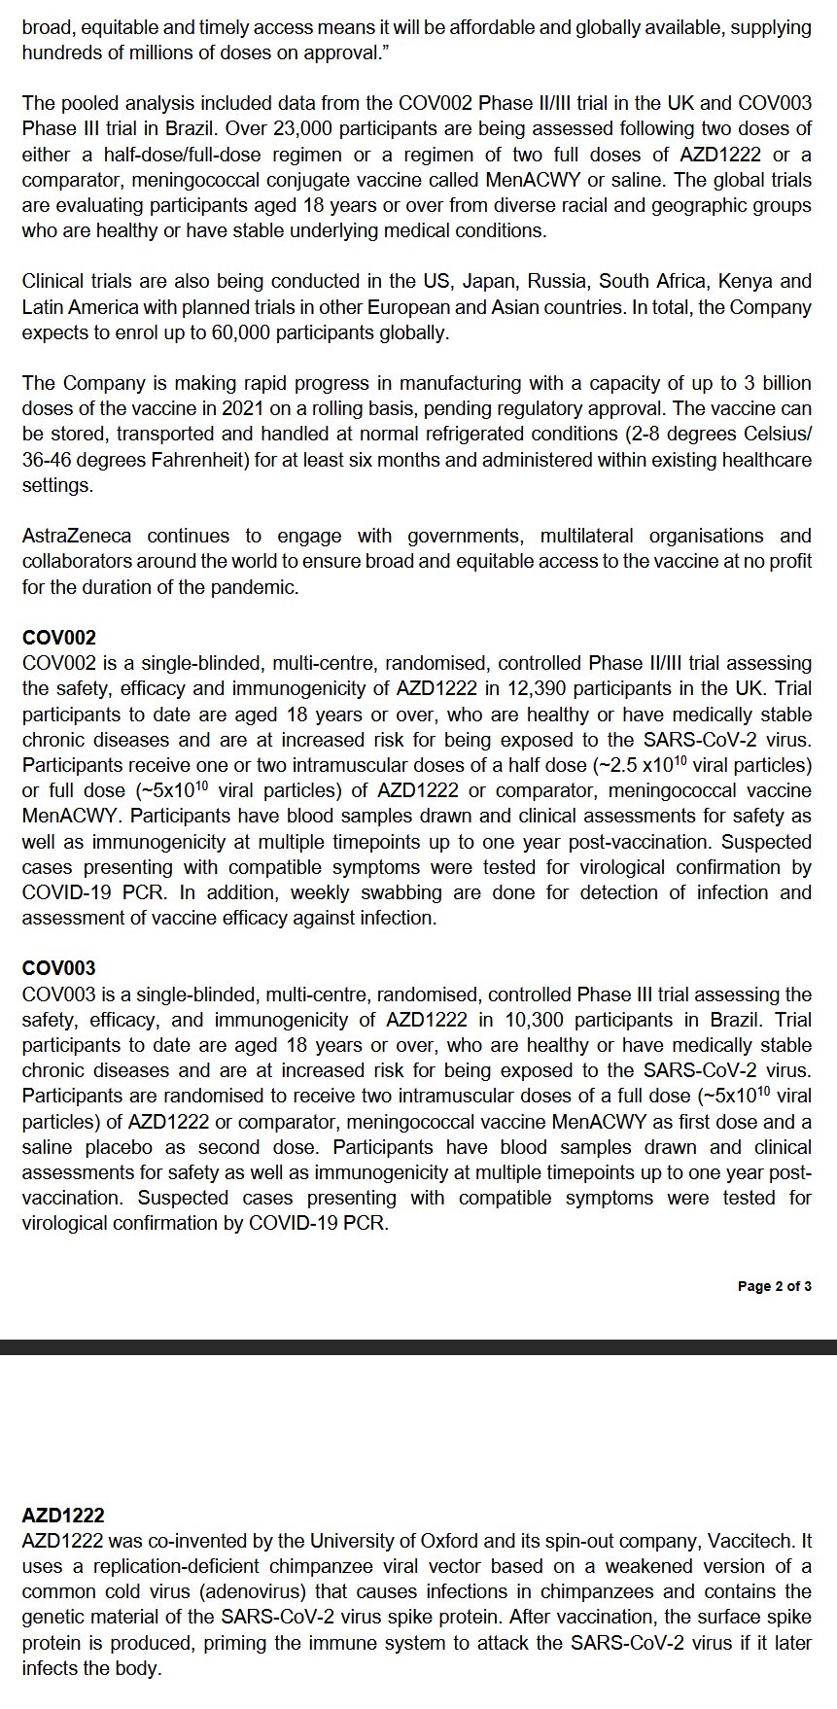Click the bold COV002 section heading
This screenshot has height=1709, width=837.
pos(59,638)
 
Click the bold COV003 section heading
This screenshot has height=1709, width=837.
pos(59,968)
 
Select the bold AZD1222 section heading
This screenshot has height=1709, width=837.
pos(63,1516)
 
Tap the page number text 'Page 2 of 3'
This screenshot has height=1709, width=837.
pos(774,1286)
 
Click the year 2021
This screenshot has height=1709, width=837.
pos(230,409)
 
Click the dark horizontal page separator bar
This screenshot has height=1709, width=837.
pos(418,1347)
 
